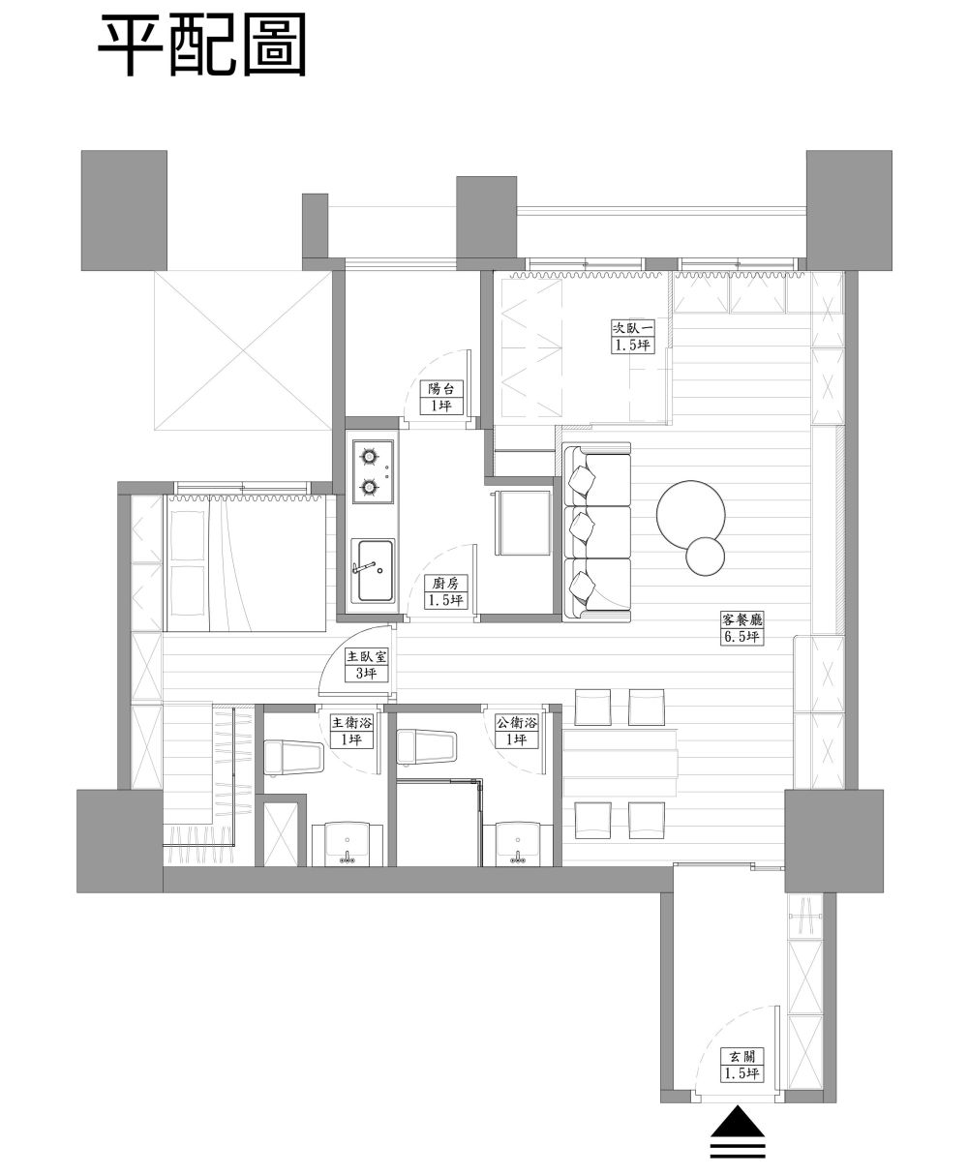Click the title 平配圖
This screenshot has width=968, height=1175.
click(x=202, y=45)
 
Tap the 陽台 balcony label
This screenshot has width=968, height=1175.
click(x=442, y=389)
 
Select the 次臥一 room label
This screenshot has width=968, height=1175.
click(x=632, y=327)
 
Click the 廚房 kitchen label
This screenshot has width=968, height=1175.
click(x=445, y=583)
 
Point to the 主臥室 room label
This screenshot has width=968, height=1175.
click(x=366, y=656)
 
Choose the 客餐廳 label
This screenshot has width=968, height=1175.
click(x=741, y=620)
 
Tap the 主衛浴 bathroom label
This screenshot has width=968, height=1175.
click(x=351, y=723)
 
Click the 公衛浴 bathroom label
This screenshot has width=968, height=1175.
click(x=516, y=723)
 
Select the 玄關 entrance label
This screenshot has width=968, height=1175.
click(x=741, y=1056)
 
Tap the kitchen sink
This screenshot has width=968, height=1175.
click(x=373, y=571)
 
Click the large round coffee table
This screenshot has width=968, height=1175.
click(x=690, y=514)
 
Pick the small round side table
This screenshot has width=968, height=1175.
click(x=705, y=556)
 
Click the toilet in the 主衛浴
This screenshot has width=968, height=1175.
click(x=293, y=758)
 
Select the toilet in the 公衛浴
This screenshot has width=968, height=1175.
click(x=426, y=747)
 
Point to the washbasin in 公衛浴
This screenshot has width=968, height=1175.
click(x=518, y=843)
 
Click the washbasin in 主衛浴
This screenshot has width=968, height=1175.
click(x=348, y=843)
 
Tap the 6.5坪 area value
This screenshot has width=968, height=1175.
click(x=741, y=637)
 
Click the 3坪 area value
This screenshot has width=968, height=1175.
click(x=366, y=673)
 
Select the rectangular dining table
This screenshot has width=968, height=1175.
click(x=620, y=763)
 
